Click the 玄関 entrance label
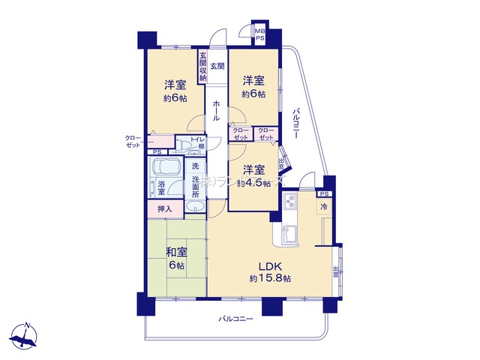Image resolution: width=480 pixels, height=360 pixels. click(x=217, y=67)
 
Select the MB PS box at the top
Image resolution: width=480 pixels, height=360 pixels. click(x=259, y=35)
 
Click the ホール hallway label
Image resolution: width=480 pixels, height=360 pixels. click(x=216, y=111)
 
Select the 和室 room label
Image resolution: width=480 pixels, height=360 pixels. click(x=175, y=253)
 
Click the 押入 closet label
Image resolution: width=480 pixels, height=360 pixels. click(x=164, y=209)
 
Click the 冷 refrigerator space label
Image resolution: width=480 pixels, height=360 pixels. click(x=325, y=206)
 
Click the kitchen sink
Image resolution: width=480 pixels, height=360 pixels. click(x=289, y=234)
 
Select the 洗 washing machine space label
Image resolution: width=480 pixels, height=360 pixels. click(x=195, y=165)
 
